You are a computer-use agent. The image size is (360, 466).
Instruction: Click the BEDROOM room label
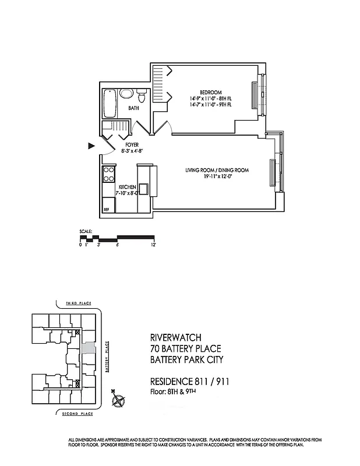(210, 93)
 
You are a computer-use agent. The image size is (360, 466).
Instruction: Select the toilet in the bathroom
(142, 94)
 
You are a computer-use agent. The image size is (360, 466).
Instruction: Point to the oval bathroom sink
(126, 93)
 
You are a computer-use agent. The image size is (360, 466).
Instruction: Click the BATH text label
(134, 108)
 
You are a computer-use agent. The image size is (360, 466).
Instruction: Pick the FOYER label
(132, 144)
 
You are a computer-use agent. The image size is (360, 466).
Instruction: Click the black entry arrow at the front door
(91, 146)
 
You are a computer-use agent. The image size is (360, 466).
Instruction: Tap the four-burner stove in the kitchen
(108, 174)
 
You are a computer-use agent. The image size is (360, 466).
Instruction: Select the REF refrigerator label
(106, 208)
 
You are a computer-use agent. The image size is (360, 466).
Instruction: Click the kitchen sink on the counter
(143, 188)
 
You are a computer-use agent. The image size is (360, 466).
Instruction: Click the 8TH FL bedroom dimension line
(210, 99)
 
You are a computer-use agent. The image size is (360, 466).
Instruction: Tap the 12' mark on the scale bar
(154, 245)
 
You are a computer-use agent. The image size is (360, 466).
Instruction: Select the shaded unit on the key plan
(87, 348)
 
